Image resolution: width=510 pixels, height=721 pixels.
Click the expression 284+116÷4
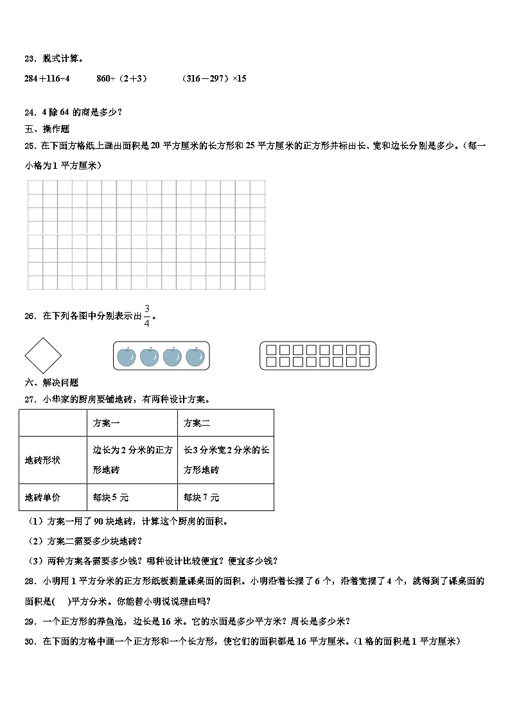[x=46, y=78]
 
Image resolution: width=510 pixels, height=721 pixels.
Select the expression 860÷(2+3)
[x=121, y=78]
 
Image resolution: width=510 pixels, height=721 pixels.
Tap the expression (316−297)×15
[x=214, y=78]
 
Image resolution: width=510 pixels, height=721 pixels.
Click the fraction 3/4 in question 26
[x=147, y=315]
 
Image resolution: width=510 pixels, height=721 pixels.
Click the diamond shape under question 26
[x=43, y=355]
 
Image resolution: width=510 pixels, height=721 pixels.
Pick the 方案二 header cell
[x=197, y=423]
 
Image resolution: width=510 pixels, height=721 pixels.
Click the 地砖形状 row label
[x=42, y=460]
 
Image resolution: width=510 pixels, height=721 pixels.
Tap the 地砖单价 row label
[x=42, y=498]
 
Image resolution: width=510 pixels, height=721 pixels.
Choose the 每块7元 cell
[x=201, y=498]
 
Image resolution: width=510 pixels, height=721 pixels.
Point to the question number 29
[x=29, y=621]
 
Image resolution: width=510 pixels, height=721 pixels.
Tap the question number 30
[x=29, y=641]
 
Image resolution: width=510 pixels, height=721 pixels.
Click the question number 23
[x=29, y=58]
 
